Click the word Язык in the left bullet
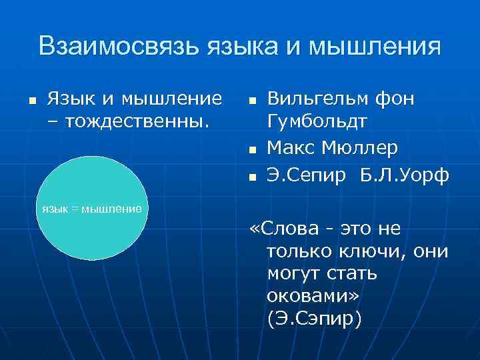click(70, 99)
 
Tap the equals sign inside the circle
click(75, 209)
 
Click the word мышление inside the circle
click(111, 209)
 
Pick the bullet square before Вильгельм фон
click(251, 101)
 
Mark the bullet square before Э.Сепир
click(251, 177)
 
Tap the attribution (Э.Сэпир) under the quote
click(314, 319)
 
